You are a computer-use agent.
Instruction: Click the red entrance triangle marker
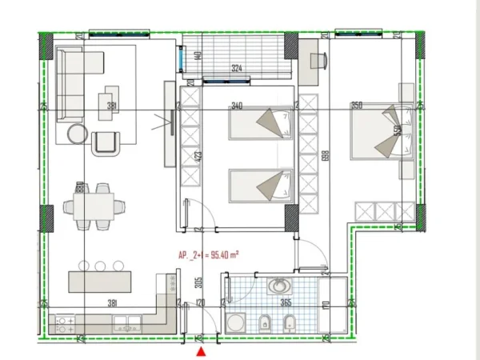tap(201, 350)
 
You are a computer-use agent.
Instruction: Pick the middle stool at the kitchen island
tap(100, 266)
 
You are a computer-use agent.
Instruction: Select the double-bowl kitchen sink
tap(127, 324)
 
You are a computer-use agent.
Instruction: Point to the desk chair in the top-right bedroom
tap(318, 61)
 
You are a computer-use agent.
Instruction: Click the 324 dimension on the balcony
tap(236, 70)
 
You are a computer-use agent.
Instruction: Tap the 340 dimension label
tap(237, 106)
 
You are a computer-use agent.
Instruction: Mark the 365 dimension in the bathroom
tap(286, 303)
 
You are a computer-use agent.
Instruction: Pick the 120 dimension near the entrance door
tap(201, 303)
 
